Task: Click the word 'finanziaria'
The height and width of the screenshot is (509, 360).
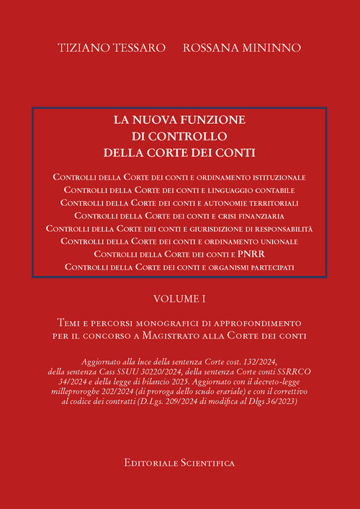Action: [x=258, y=215]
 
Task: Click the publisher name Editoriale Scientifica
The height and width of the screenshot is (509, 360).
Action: [x=179, y=464]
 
